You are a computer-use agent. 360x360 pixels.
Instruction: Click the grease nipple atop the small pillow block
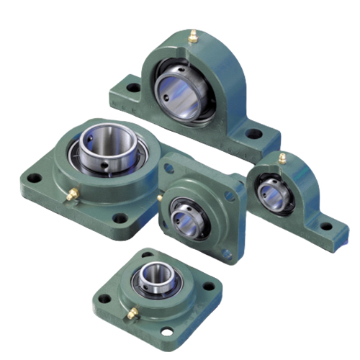click(283, 158)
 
